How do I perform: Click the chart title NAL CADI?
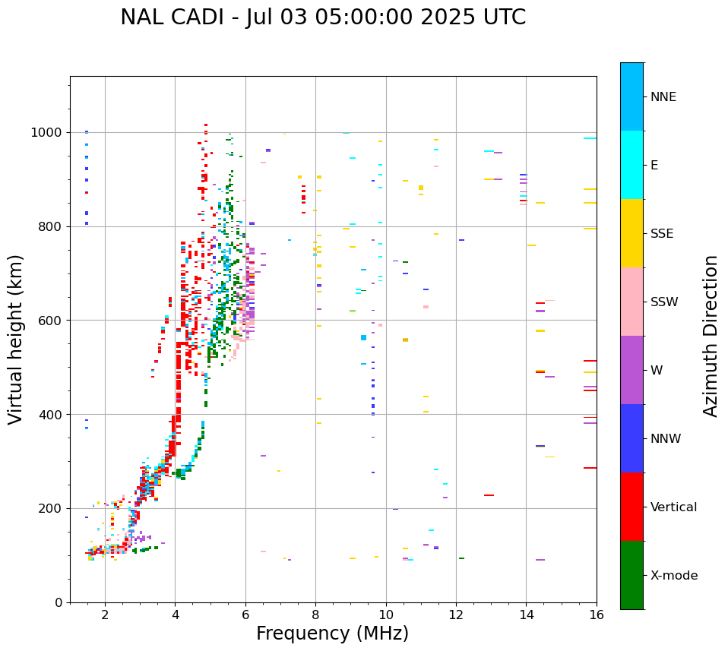(x=323, y=17)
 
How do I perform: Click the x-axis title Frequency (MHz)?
(x=332, y=634)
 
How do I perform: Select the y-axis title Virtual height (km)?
(x=17, y=340)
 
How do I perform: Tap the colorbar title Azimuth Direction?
(x=711, y=336)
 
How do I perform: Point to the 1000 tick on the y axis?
(x=50, y=133)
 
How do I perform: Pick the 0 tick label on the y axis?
(x=59, y=602)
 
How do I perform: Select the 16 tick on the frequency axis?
(x=597, y=615)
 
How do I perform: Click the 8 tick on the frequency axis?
(x=315, y=615)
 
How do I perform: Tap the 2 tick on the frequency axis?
(x=105, y=615)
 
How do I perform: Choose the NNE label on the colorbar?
(x=663, y=97)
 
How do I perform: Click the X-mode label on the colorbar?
(x=674, y=576)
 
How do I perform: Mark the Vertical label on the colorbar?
(x=673, y=507)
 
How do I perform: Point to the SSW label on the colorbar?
(x=664, y=302)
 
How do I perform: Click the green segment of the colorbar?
(x=631, y=575)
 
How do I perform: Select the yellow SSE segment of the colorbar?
(x=631, y=233)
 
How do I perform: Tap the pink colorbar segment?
(x=631, y=302)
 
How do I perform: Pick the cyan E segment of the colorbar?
(x=631, y=165)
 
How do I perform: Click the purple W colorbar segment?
(x=631, y=370)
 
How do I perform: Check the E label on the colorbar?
(x=654, y=166)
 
